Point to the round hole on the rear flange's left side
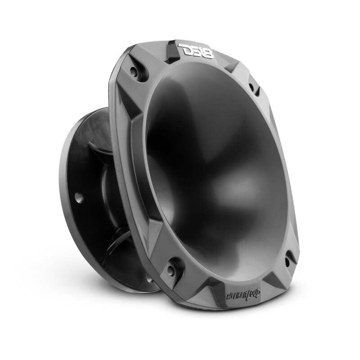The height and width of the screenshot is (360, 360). click(79, 196)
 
